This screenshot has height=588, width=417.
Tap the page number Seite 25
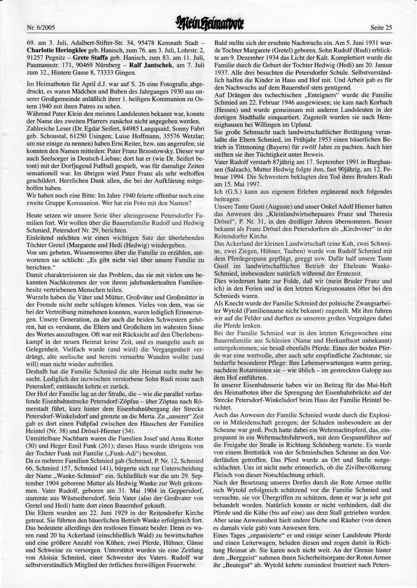(x=381, y=28)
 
